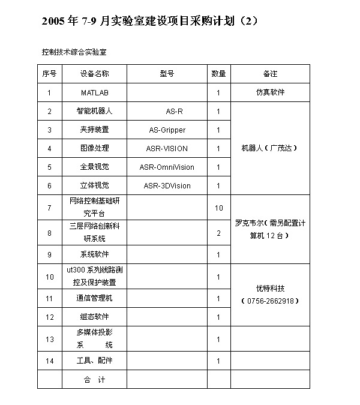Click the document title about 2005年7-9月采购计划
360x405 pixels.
151,21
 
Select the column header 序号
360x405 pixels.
49,74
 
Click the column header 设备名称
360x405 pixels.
95,74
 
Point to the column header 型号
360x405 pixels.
167,74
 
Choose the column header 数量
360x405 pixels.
218,74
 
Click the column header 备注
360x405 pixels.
270,74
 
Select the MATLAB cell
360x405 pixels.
95,93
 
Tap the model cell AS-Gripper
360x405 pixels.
167,130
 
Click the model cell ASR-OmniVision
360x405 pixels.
167,167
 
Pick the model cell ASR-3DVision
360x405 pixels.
167,186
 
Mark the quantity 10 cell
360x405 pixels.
219,208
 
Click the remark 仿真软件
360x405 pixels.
270,93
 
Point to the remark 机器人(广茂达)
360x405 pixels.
269,148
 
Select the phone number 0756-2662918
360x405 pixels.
269,301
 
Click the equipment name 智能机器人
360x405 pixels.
95,112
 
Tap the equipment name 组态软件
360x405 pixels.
95,317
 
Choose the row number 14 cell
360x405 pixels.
49,361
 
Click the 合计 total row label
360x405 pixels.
95,380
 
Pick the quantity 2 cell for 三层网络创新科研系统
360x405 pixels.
219,232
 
